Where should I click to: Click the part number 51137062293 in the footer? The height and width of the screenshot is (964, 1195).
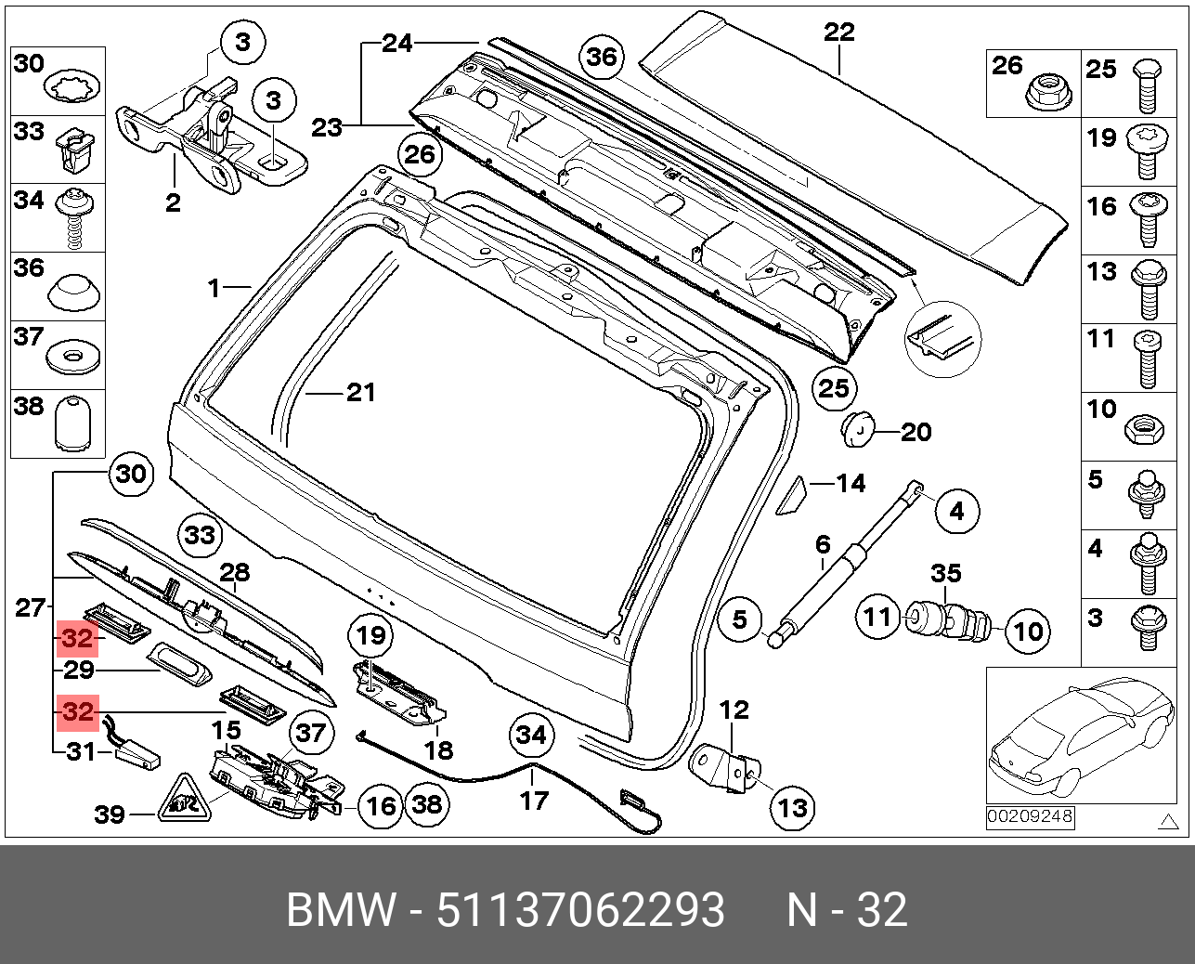[580, 910]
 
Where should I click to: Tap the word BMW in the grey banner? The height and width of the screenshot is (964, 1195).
[340, 910]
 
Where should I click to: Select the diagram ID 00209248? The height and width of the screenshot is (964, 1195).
[1029, 817]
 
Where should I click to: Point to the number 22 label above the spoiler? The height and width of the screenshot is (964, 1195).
[838, 33]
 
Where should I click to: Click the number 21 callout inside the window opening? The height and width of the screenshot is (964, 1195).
[360, 392]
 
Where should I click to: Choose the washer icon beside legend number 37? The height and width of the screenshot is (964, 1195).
[71, 356]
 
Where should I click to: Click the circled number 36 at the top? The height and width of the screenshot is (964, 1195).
[602, 58]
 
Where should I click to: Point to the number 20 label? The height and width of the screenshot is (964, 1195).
[916, 432]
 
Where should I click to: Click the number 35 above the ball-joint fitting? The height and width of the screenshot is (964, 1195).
[945, 573]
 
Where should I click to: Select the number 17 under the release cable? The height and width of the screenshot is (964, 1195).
[533, 800]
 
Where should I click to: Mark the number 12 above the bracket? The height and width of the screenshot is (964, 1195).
[734, 711]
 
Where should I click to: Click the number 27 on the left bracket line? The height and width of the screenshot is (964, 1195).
[30, 608]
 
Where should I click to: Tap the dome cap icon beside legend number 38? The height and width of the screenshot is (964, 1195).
[71, 424]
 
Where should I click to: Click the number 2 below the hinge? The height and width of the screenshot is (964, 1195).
[173, 202]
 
